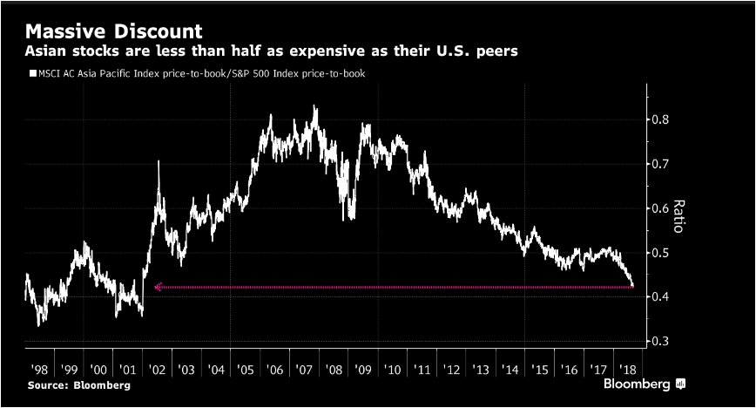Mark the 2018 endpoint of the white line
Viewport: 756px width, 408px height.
[632, 285]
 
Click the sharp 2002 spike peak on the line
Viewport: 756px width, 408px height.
[159, 162]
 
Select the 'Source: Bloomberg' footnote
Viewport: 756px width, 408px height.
[73, 384]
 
